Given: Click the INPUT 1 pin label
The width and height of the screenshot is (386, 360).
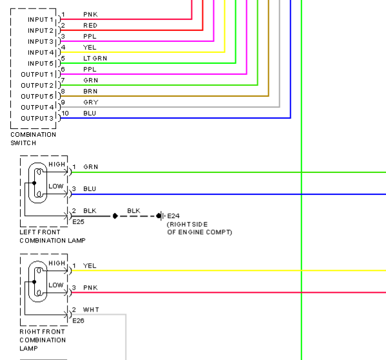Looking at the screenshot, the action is [41, 19].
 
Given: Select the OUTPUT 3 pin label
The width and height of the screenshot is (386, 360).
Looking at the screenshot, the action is [37, 118].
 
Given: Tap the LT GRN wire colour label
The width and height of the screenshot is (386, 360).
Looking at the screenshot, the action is [95, 59].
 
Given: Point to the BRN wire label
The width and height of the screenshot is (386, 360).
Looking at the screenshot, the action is [90, 92].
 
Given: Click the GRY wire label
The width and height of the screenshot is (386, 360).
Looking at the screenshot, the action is [91, 103].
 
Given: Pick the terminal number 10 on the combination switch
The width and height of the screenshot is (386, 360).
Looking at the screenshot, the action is [65, 114].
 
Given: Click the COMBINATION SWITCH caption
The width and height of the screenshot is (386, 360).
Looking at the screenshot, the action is [34, 139].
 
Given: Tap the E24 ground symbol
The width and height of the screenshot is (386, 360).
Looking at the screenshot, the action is [162, 216].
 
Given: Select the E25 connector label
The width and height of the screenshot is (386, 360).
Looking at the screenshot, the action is [78, 222].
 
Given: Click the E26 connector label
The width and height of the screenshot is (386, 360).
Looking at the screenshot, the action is [78, 321].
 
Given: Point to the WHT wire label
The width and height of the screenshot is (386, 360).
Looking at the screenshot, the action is [91, 310].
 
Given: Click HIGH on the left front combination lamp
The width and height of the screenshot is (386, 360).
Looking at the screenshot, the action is [57, 164].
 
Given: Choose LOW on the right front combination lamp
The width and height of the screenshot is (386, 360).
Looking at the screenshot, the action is [56, 285].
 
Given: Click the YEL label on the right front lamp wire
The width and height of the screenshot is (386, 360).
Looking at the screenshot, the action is [90, 266].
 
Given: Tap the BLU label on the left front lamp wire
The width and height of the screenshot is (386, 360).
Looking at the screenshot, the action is [90, 189].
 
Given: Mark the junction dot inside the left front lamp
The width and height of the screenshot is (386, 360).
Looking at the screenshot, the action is [34, 183].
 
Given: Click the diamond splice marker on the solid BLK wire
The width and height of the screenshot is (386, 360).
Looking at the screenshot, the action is [115, 216].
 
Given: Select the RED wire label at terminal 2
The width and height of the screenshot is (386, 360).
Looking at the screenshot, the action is [90, 26].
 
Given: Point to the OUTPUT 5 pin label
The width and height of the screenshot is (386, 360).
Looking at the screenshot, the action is [37, 96].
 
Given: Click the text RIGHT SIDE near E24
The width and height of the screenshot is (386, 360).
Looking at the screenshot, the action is [188, 225].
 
